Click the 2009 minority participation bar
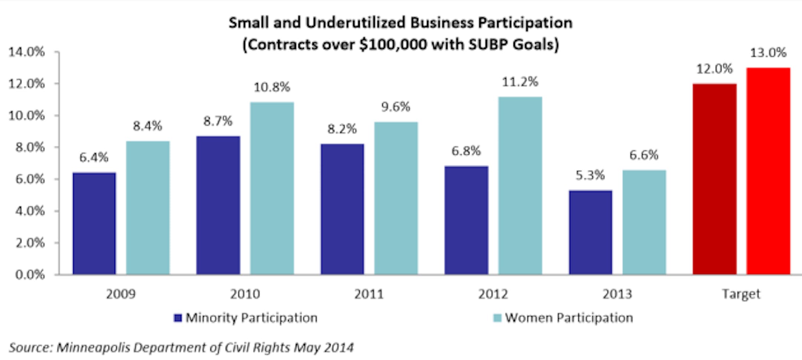[x=94, y=224]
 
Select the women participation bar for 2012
[x=520, y=186]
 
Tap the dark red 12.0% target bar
[x=715, y=179]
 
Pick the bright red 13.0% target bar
[x=768, y=171]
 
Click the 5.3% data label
[x=590, y=175]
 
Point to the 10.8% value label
[x=272, y=87]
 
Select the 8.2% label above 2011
[x=342, y=129]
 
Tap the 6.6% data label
[x=644, y=155]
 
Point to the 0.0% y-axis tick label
[x=30, y=275]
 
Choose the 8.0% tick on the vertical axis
[x=30, y=147]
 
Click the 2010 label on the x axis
[x=245, y=294]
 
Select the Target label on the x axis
[x=741, y=294]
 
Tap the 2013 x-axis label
[x=617, y=294]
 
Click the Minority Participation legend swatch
[x=178, y=318]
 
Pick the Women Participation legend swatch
[x=497, y=318]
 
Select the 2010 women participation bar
[x=272, y=188]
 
